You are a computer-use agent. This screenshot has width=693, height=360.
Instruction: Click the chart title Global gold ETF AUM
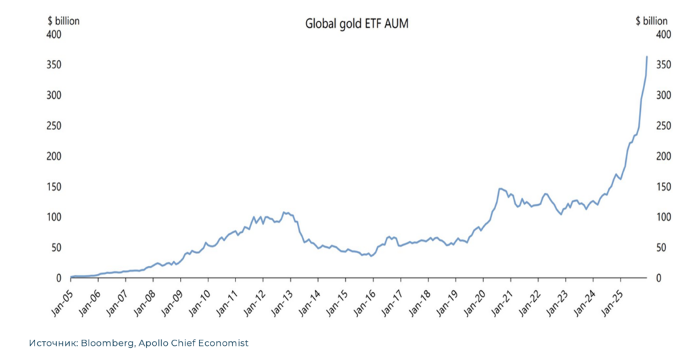pos(357,24)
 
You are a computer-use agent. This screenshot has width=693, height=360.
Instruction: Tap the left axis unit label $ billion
pos(63,21)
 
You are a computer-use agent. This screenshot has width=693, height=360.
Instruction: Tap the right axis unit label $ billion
pos(651,21)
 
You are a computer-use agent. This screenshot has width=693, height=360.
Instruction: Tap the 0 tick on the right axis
pos(657,278)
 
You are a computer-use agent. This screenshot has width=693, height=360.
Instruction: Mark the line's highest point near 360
pos(647,57)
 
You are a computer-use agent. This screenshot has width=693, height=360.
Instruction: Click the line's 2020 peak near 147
pos(499,188)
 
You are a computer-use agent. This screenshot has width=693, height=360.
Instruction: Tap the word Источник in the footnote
pos(52,343)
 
